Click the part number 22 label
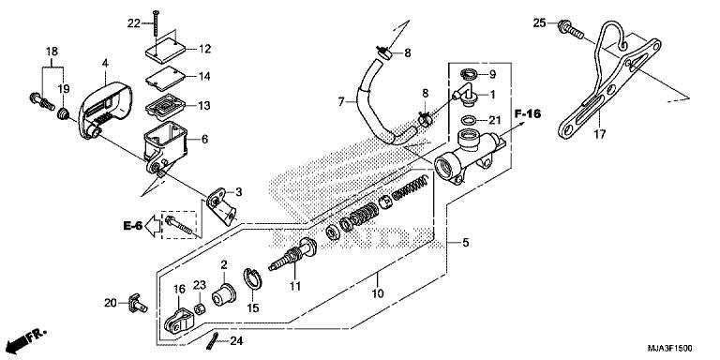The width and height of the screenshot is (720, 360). pyautogui.click(x=134, y=23)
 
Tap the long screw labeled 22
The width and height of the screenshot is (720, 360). pyautogui.click(x=157, y=23)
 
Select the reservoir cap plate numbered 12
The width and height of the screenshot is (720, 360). pyautogui.click(x=166, y=52)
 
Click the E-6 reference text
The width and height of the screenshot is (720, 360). pyautogui.click(x=133, y=225)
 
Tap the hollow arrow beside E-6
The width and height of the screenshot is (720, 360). pyautogui.click(x=152, y=225)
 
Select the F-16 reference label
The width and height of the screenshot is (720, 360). pyautogui.click(x=528, y=112)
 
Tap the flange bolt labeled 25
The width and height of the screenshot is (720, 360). pyautogui.click(x=571, y=28)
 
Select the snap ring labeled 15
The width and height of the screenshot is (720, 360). pyautogui.click(x=252, y=278)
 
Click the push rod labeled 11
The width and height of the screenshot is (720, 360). pyautogui.click(x=292, y=254)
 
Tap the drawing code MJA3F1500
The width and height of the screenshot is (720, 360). pyautogui.click(x=670, y=349)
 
